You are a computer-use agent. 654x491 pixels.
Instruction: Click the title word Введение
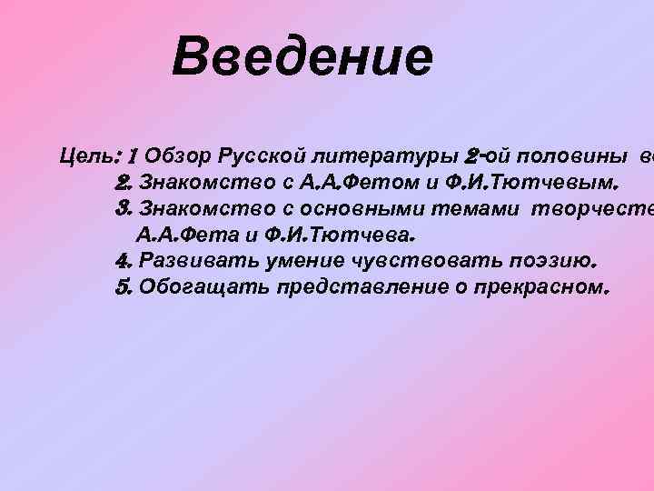(302, 57)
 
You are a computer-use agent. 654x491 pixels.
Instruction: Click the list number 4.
(125, 261)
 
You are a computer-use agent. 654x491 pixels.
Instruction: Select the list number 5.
(125, 287)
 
